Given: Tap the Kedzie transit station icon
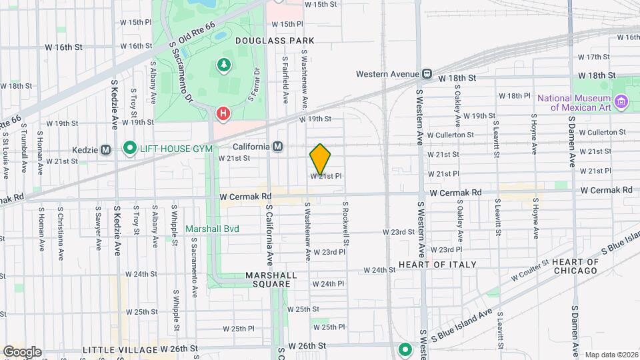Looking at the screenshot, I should (x=105, y=149).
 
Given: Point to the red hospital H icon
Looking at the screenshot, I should (x=223, y=114).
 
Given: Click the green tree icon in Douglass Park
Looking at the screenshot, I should (x=223, y=65).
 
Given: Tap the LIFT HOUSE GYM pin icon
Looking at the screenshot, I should (x=129, y=148).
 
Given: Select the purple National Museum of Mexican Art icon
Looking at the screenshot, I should (x=622, y=102).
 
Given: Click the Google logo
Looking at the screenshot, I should (x=22, y=351).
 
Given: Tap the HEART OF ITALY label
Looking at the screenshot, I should (x=437, y=265).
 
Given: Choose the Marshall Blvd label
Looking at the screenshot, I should (x=212, y=229).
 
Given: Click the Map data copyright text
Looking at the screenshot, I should (x=611, y=355).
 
